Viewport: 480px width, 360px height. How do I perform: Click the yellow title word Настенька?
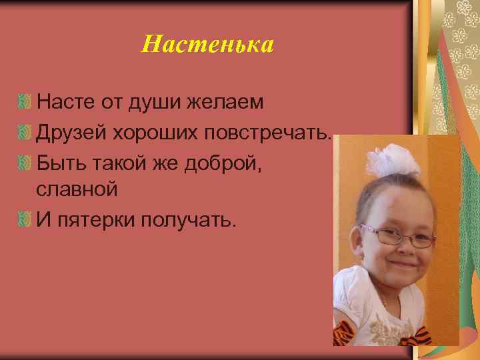208,45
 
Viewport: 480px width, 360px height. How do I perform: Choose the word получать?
188,219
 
